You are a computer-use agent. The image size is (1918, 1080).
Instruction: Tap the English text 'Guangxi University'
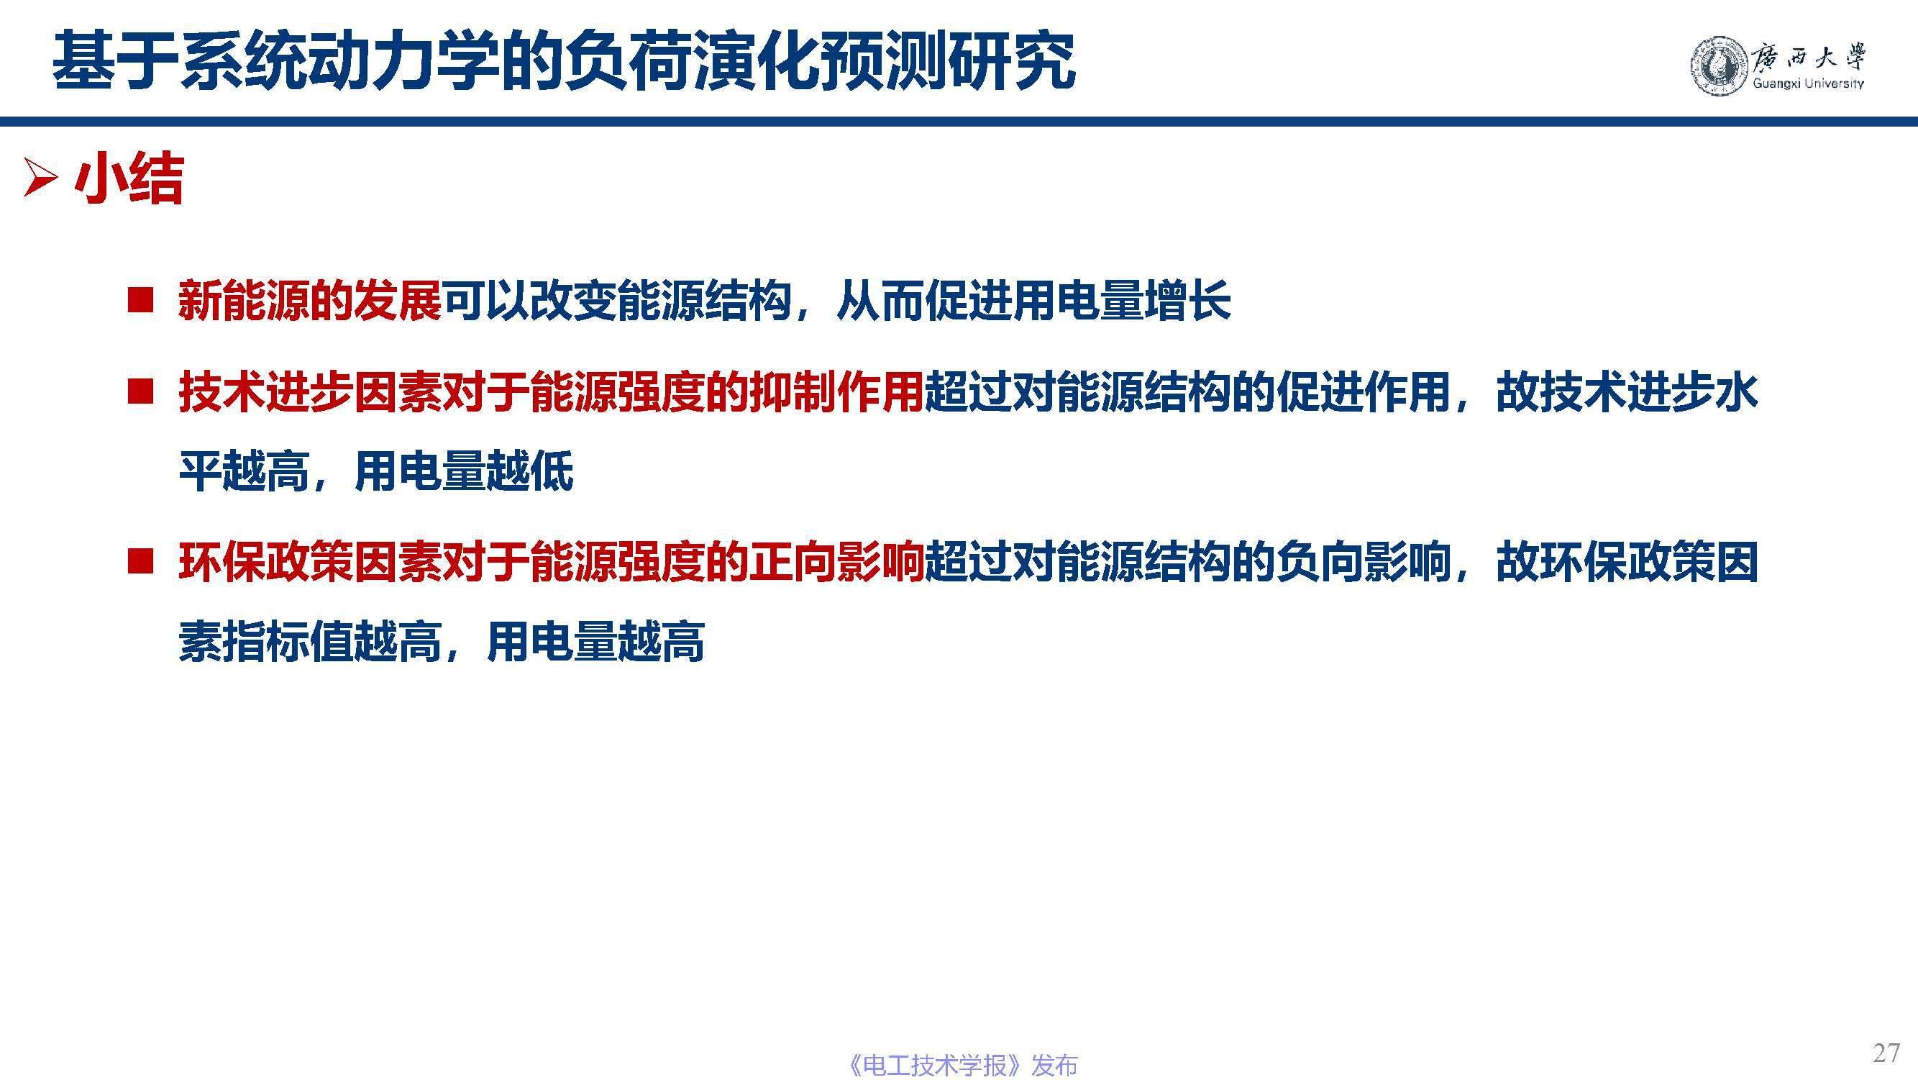pos(1808,83)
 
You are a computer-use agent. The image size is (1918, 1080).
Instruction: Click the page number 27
pos(1886,1053)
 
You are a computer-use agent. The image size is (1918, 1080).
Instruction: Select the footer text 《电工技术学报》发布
pos(962,1065)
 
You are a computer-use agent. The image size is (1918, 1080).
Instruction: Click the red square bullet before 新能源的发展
pos(140,300)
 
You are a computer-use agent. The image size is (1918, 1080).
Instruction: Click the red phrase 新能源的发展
pos(310,301)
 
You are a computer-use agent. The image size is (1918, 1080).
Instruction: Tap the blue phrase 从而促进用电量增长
pos(1033,301)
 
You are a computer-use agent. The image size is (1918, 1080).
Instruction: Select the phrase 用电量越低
pos(463,471)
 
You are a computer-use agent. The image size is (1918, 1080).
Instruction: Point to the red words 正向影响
pos(836,562)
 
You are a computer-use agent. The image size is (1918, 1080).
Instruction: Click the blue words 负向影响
pos(1364,562)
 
